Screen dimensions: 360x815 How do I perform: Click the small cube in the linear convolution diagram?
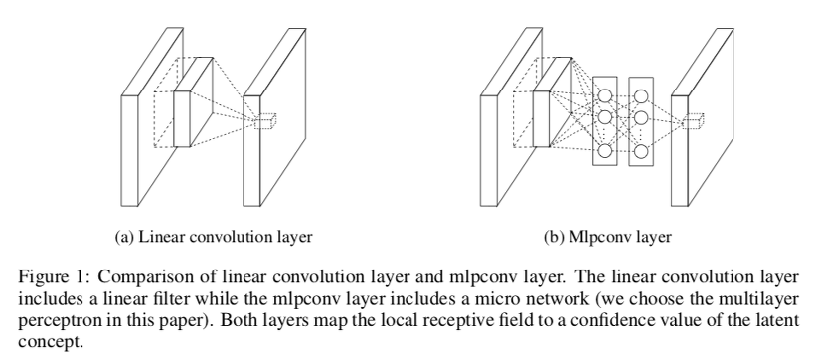[x=264, y=121]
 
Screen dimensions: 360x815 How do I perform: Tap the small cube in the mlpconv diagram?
[x=695, y=121]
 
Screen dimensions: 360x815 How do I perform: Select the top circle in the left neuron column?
[x=603, y=96]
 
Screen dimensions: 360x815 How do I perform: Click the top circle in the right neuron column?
[x=640, y=96]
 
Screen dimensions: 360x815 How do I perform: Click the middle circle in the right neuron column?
[x=640, y=118]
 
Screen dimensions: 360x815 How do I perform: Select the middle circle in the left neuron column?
[x=603, y=118]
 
